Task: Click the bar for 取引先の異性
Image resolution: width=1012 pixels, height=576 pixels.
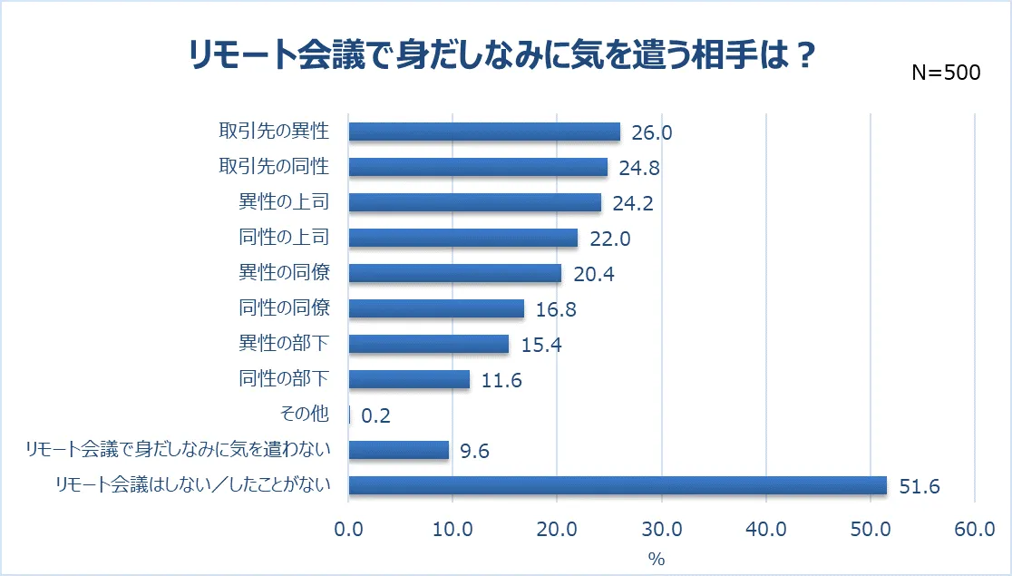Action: coord(484,132)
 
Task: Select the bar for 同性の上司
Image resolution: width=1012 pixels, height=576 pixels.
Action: coord(463,238)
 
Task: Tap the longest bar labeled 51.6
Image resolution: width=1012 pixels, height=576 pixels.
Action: coord(618,485)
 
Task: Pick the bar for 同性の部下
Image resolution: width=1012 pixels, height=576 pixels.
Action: coord(409,379)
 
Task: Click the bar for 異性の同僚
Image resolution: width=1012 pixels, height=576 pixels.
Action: coord(455,273)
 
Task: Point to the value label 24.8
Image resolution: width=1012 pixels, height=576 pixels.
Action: coord(640,168)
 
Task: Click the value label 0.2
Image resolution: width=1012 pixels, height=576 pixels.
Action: coord(376,415)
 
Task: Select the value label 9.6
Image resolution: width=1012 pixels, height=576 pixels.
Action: coord(475,451)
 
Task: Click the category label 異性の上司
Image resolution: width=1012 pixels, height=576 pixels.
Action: coord(284,202)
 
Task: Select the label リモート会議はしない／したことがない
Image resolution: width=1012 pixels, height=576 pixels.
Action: coord(190,485)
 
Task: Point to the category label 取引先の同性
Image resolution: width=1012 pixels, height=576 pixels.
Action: coord(274,167)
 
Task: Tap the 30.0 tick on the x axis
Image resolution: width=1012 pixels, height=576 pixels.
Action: coord(661,531)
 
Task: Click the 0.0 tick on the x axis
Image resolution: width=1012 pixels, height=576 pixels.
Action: coord(348,531)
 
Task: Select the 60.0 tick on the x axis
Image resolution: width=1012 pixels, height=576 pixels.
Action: coord(975,531)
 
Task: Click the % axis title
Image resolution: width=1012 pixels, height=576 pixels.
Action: coord(657,558)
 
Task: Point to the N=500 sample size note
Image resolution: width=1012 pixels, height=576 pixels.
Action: coord(946,73)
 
